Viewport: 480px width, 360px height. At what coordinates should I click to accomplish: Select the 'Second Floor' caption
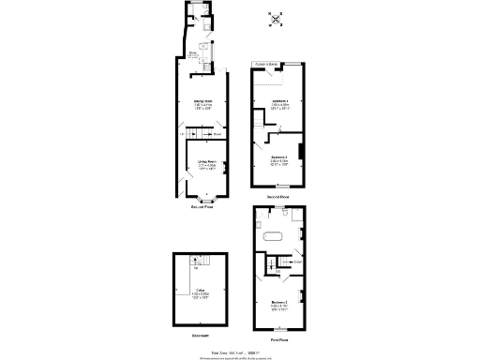coord(277,198)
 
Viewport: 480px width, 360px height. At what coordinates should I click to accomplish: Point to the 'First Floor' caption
coord(278,340)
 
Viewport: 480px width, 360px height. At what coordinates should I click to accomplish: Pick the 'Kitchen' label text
coord(194,53)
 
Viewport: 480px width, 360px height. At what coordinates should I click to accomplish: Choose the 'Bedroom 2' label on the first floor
coord(278,305)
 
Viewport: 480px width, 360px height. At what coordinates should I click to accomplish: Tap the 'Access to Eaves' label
coord(267,65)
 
